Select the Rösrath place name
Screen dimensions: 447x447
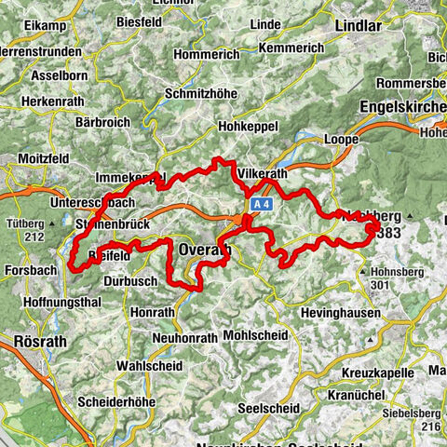click(x=39, y=342)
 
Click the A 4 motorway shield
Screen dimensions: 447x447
click(x=260, y=202)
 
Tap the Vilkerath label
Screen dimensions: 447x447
click(x=264, y=174)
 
